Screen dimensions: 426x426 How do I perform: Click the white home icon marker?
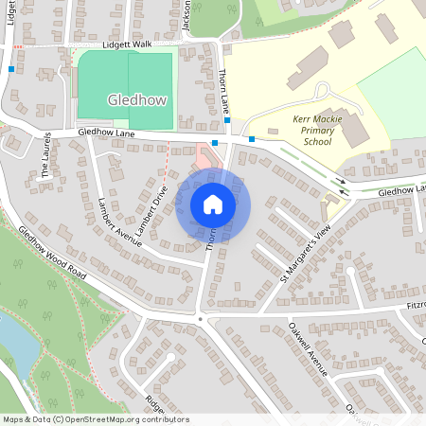click(213, 203)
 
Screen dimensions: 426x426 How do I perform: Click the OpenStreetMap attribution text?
click(96, 418)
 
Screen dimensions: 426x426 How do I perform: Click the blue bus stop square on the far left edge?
click(11, 68)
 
